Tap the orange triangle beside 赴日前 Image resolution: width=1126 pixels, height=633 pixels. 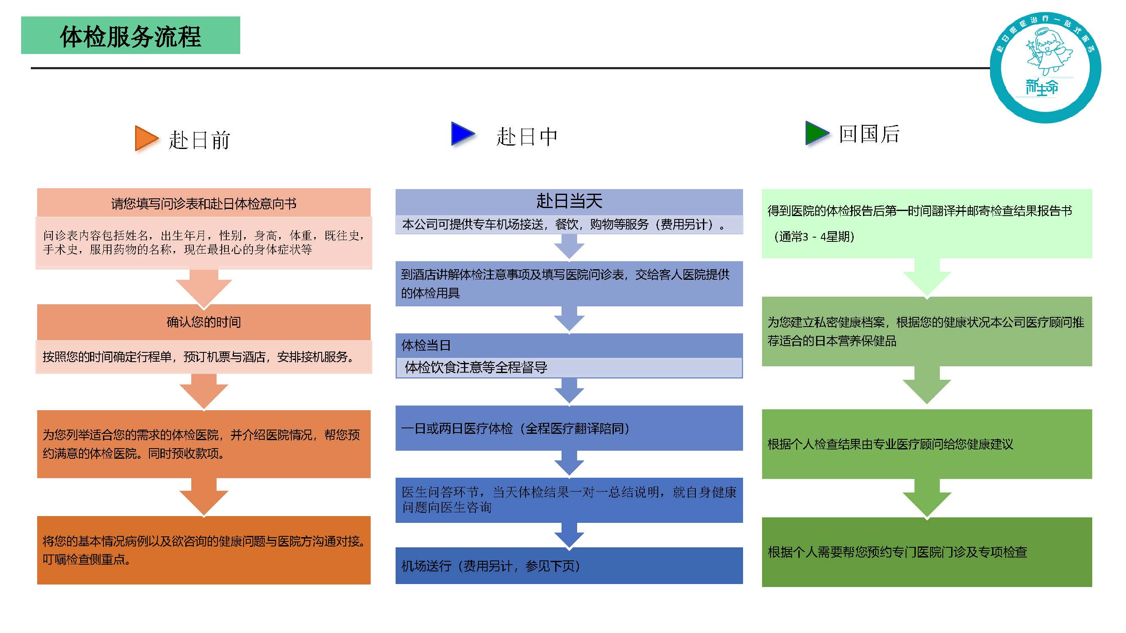(x=145, y=138)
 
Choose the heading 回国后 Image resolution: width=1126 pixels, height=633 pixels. (x=868, y=134)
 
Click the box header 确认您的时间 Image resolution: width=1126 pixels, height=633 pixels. (x=203, y=322)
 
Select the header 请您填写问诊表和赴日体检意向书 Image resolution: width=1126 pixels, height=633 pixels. (x=203, y=203)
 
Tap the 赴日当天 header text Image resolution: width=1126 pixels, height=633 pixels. (x=569, y=201)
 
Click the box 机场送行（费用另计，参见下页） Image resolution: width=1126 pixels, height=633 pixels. (x=569, y=566)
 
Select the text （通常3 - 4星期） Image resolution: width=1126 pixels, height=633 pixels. (x=814, y=237)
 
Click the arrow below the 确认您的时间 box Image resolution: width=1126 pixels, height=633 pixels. (x=203, y=390)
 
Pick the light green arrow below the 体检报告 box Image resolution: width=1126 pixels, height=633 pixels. (x=927, y=278)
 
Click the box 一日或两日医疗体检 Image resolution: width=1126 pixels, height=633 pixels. (x=569, y=428)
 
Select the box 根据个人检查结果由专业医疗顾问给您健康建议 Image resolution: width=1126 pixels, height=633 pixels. (x=927, y=444)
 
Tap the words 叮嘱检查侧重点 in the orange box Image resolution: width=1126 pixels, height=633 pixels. (x=86, y=560)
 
